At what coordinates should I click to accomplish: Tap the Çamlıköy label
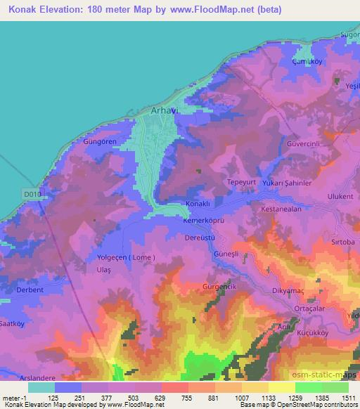tap(307, 62)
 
